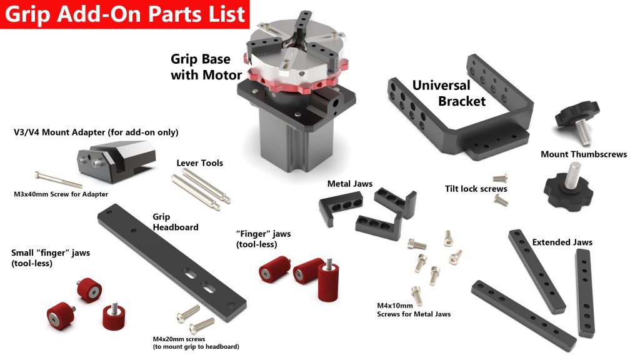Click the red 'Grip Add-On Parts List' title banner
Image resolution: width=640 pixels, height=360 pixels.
(124, 14)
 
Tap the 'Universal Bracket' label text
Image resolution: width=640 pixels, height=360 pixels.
(449, 93)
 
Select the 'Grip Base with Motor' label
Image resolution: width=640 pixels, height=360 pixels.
(206, 67)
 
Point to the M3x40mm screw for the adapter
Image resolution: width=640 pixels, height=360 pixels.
(59, 179)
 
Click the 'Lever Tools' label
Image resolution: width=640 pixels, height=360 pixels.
(199, 163)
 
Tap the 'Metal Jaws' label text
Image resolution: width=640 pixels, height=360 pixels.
(350, 184)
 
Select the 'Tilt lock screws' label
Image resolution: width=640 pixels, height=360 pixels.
(476, 189)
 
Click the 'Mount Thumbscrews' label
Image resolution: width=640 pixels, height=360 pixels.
(584, 154)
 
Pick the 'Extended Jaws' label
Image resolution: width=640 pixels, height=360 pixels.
(562, 242)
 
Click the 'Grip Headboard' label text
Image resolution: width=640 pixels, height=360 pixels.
(176, 222)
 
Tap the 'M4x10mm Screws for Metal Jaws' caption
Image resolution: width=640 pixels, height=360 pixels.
(414, 310)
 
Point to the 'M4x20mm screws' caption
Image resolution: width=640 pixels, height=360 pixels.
(179, 339)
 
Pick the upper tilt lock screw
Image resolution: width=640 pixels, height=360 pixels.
(501, 178)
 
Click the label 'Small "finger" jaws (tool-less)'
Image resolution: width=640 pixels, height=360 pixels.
(51, 258)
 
